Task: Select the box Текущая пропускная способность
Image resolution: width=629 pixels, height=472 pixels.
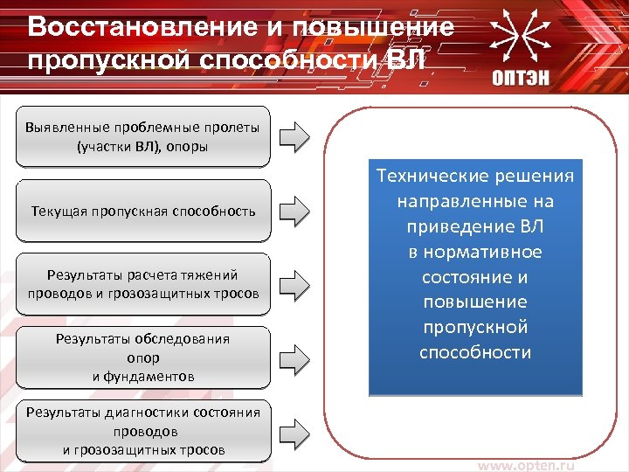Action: coord(143,211)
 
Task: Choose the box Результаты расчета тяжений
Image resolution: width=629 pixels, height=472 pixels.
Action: coord(143,284)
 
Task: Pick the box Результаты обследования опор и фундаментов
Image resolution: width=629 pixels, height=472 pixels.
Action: coord(143,357)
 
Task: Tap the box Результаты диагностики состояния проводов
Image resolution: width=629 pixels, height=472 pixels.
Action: coord(143,431)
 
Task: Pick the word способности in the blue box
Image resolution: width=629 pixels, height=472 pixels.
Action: coord(475,352)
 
